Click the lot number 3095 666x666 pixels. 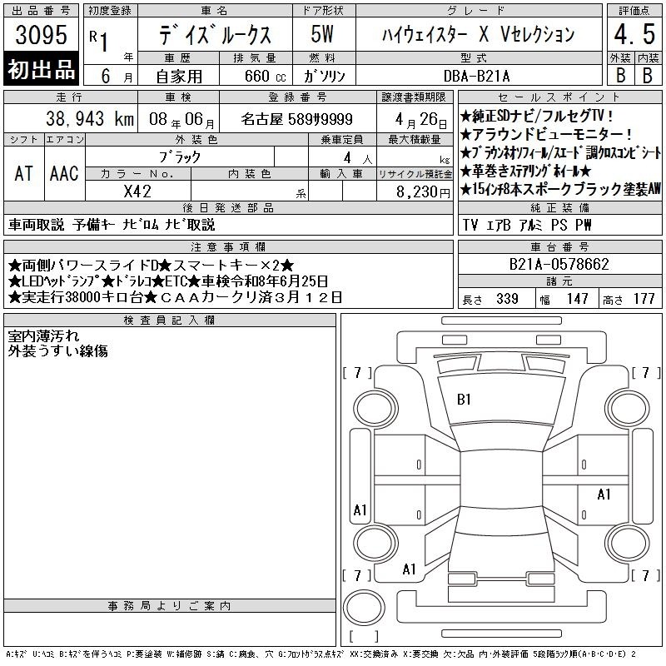point(41,35)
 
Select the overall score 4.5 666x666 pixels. point(634,34)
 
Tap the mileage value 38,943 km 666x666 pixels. point(90,119)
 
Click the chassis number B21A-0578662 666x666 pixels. point(559,264)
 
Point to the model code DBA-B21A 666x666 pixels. point(476,76)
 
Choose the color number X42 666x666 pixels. point(137,191)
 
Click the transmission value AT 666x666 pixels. point(23,173)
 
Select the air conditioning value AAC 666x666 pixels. point(64,173)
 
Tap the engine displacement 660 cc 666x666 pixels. point(265,76)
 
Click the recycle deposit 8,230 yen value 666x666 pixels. point(423,192)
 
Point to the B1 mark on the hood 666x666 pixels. point(464,400)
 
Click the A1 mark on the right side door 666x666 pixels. point(604,495)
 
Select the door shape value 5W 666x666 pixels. point(322,34)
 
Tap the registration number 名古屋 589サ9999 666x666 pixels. point(297,119)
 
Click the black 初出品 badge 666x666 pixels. point(41,69)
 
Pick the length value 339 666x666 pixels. point(507,299)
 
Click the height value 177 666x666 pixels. point(644,299)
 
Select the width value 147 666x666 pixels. point(577,299)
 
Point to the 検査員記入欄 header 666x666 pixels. point(169,320)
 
